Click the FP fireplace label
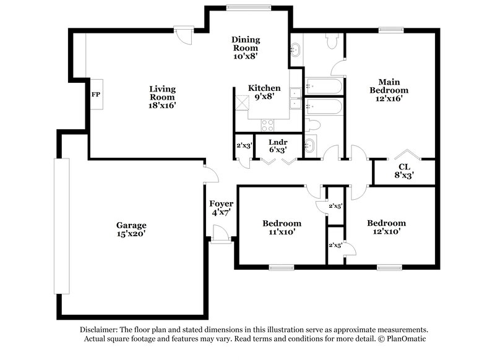click(x=95, y=95)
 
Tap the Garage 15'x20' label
click(x=131, y=229)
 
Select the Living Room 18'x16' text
click(x=162, y=97)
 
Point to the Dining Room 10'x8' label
click(x=246, y=48)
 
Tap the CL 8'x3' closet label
click(x=404, y=170)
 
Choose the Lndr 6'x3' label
click(x=277, y=145)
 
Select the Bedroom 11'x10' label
click(x=282, y=228)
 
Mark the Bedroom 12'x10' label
click(x=386, y=228)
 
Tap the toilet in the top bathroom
click(x=331, y=41)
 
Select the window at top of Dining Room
click(x=247, y=8)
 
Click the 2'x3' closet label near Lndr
click(x=243, y=147)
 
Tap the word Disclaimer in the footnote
click(x=100, y=330)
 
